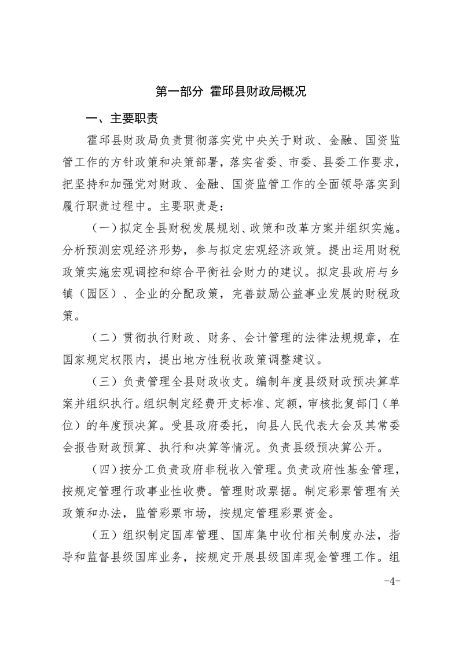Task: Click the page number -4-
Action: [392, 580]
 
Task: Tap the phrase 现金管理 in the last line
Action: [334, 556]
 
